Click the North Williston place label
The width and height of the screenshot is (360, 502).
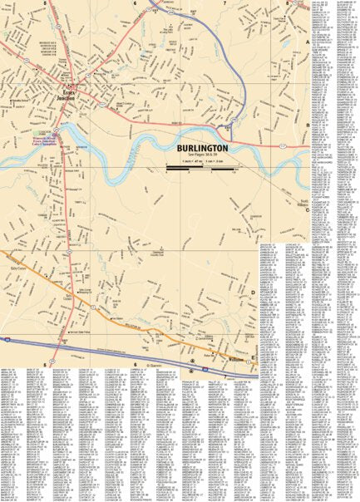coord(304,203)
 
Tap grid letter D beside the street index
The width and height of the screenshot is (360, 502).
coord(254,293)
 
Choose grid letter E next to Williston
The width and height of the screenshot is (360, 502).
coord(254,357)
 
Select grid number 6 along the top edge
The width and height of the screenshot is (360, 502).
coord(133,3)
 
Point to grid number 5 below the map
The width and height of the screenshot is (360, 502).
coord(44,364)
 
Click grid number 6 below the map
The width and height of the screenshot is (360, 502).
coord(134,364)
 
